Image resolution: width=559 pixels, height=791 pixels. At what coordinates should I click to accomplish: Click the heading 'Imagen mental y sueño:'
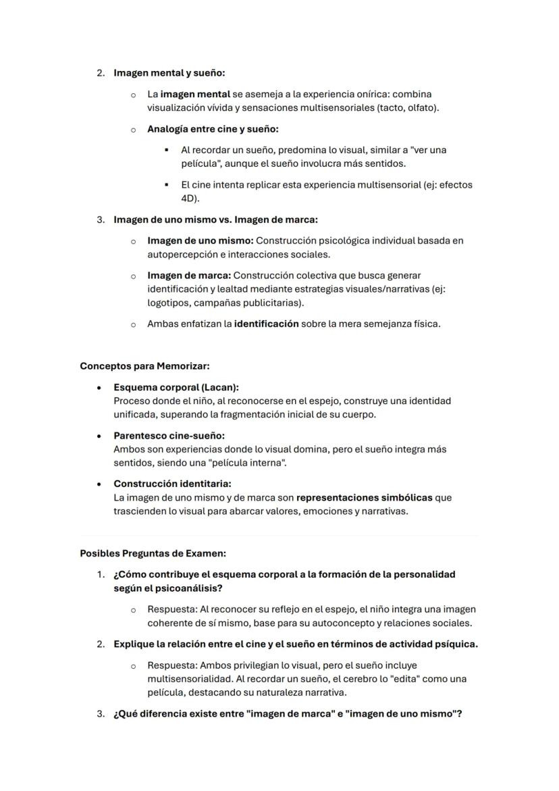tap(169, 72)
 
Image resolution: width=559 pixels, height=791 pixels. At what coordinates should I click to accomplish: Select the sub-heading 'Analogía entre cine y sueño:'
tap(213, 128)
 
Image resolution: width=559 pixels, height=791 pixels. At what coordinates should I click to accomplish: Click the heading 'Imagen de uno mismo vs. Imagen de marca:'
tap(215, 220)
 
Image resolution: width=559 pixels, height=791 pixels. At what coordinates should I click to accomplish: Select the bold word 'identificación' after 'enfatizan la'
tap(266, 324)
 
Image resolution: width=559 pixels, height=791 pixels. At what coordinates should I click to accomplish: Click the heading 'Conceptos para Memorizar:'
tap(144, 366)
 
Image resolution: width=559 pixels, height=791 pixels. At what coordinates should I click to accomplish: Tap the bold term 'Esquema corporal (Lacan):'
tap(176, 388)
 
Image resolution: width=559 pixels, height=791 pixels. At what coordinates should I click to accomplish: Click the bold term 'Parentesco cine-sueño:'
tap(169, 436)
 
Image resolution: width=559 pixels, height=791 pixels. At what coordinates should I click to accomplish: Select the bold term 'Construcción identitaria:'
tap(172, 484)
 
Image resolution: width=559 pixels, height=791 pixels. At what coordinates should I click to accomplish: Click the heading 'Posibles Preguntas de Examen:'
tap(153, 553)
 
